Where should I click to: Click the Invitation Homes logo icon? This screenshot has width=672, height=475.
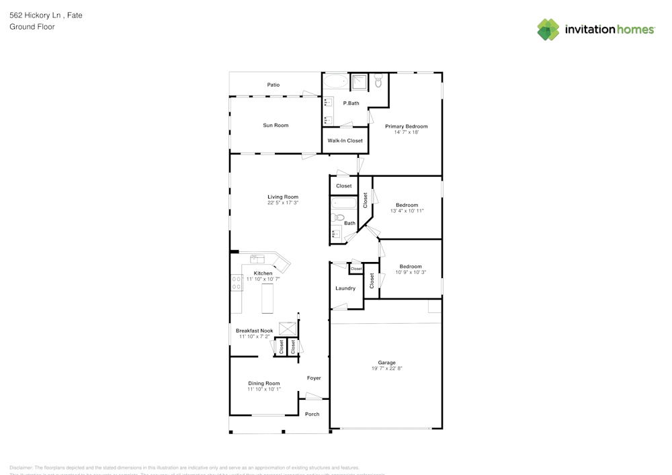(x=548, y=30)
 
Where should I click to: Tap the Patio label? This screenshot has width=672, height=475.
(x=274, y=85)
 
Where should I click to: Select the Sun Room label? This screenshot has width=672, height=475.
(x=276, y=126)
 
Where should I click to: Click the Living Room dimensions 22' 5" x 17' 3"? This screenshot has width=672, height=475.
(x=283, y=203)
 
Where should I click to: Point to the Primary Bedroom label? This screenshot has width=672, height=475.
(x=406, y=126)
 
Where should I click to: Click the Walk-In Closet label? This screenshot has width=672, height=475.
(x=345, y=141)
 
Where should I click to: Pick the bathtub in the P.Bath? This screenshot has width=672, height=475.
(x=335, y=82)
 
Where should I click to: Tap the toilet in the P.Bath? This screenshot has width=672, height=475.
(x=378, y=82)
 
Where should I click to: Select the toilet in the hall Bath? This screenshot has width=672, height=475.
(x=339, y=218)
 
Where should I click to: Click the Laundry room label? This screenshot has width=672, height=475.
(x=345, y=288)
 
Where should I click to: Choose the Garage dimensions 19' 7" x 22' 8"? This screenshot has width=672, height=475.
(x=386, y=369)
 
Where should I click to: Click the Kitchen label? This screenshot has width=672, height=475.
(x=263, y=273)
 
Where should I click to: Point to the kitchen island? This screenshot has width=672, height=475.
(x=267, y=298)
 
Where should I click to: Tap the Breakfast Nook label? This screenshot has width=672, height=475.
(x=254, y=331)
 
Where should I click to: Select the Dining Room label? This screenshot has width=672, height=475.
(x=263, y=384)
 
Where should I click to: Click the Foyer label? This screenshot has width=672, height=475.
(x=314, y=378)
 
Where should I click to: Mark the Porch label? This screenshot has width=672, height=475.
(x=312, y=414)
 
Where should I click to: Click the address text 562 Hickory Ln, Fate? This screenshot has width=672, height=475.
(x=46, y=15)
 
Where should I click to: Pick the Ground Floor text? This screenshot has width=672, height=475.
(x=32, y=27)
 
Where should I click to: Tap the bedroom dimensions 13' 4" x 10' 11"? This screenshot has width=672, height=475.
(x=407, y=211)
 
